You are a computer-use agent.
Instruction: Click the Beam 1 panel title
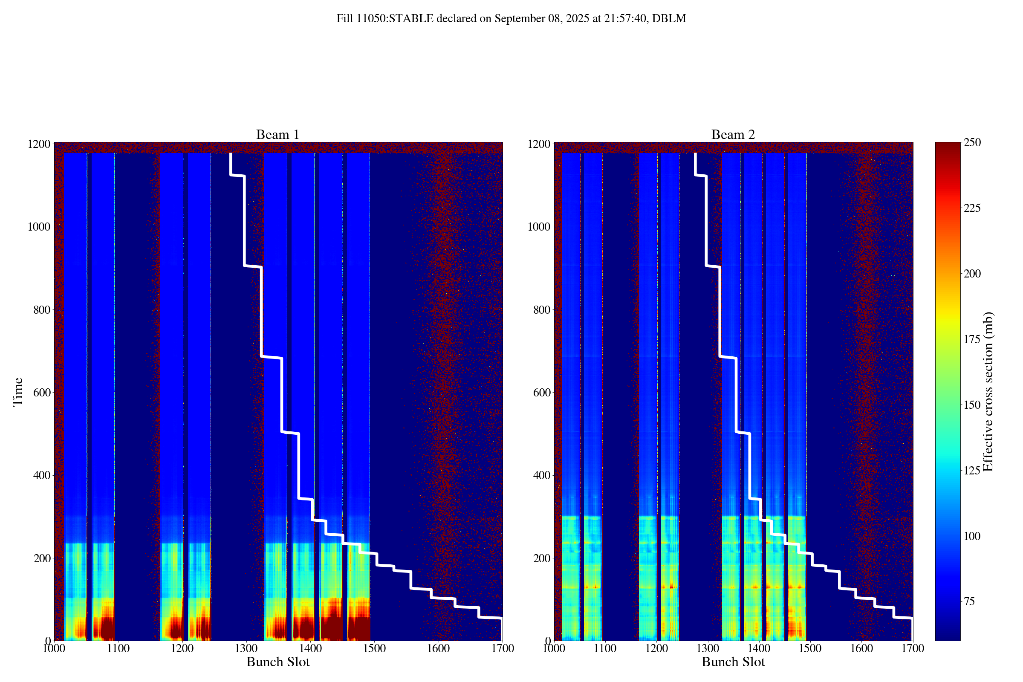tap(277, 135)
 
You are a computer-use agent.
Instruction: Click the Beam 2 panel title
tap(733, 135)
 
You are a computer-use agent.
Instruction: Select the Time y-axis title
tap(18, 392)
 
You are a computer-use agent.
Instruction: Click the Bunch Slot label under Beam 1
tap(278, 662)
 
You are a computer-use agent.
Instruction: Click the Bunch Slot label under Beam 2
tap(733, 662)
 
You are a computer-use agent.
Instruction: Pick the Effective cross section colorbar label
tap(988, 391)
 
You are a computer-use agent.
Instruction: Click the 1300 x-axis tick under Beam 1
tap(246, 648)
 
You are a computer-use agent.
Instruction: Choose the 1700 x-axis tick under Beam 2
tap(913, 648)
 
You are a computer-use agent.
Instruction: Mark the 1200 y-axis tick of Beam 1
tap(38, 144)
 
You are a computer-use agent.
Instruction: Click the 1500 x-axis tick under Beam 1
tap(375, 648)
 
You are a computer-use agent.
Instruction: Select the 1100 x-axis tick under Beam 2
tap(605, 648)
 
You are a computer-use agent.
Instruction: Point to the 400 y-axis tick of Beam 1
tap(41, 475)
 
